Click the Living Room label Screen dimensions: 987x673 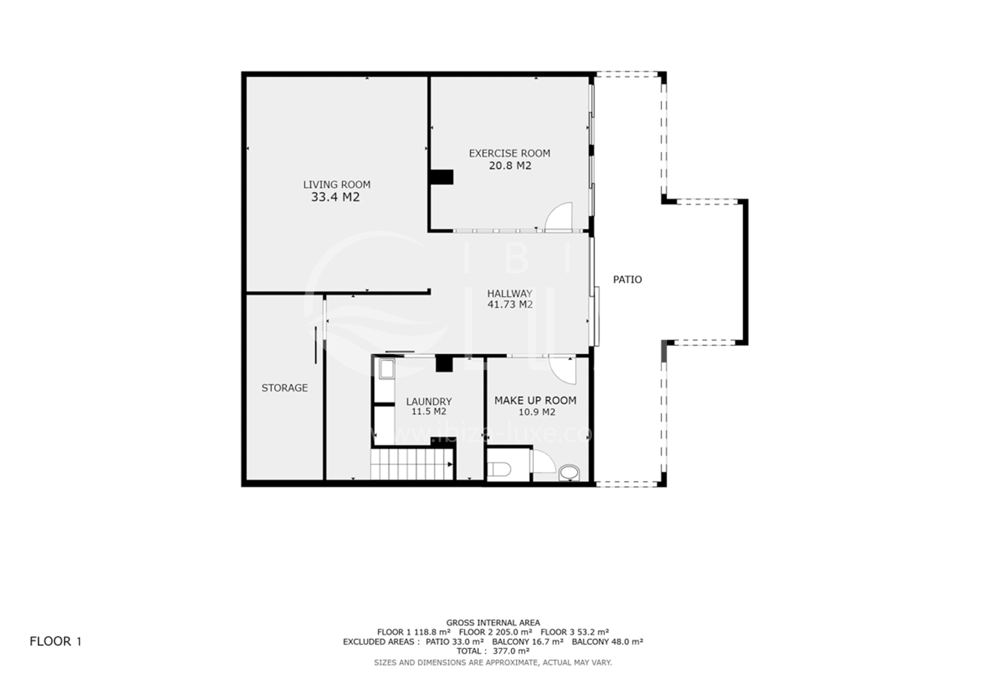336,185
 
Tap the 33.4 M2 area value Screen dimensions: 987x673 335,197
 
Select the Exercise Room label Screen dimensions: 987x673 509,153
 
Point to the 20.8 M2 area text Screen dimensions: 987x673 510,166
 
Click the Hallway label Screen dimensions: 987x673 510,294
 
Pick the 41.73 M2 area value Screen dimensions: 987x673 510,304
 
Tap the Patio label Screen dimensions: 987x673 627,279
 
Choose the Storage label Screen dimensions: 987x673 284,388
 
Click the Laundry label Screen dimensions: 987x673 429,402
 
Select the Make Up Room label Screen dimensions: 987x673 535,401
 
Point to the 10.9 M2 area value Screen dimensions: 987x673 537,412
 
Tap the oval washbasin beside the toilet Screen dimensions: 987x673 569,472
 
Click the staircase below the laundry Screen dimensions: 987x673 412,464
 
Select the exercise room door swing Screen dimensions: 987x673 558,217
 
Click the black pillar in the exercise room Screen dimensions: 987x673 440,177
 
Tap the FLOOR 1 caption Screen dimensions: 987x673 56,642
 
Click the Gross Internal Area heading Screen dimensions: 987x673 493,623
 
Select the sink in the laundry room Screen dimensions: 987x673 387,369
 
